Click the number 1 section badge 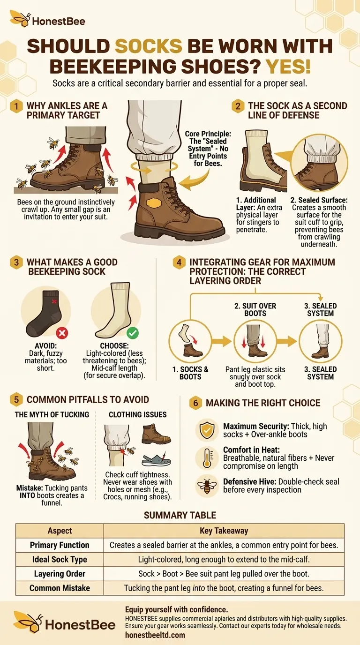tap(16, 106)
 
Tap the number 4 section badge tap(179, 262)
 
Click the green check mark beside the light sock tap(133, 333)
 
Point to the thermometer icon tap(207, 458)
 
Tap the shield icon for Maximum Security tap(207, 430)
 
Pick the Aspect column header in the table tap(60, 531)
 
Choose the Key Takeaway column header tap(224, 531)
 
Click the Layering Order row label tap(60, 574)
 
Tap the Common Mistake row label tap(60, 588)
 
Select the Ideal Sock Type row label tap(60, 559)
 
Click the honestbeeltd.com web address tap(155, 635)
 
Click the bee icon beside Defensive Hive tap(207, 486)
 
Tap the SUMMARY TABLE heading tap(180, 515)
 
